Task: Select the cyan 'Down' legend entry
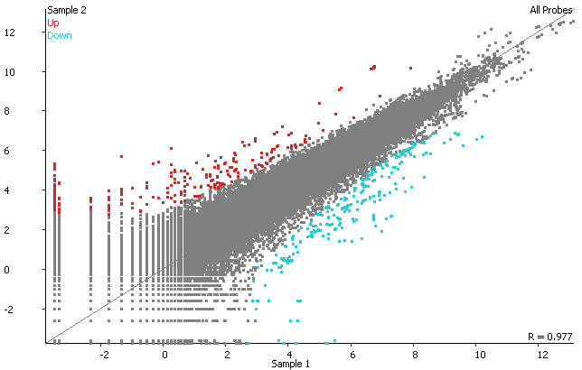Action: point(60,35)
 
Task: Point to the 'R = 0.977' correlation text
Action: point(550,337)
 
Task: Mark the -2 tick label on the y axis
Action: point(33,310)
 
